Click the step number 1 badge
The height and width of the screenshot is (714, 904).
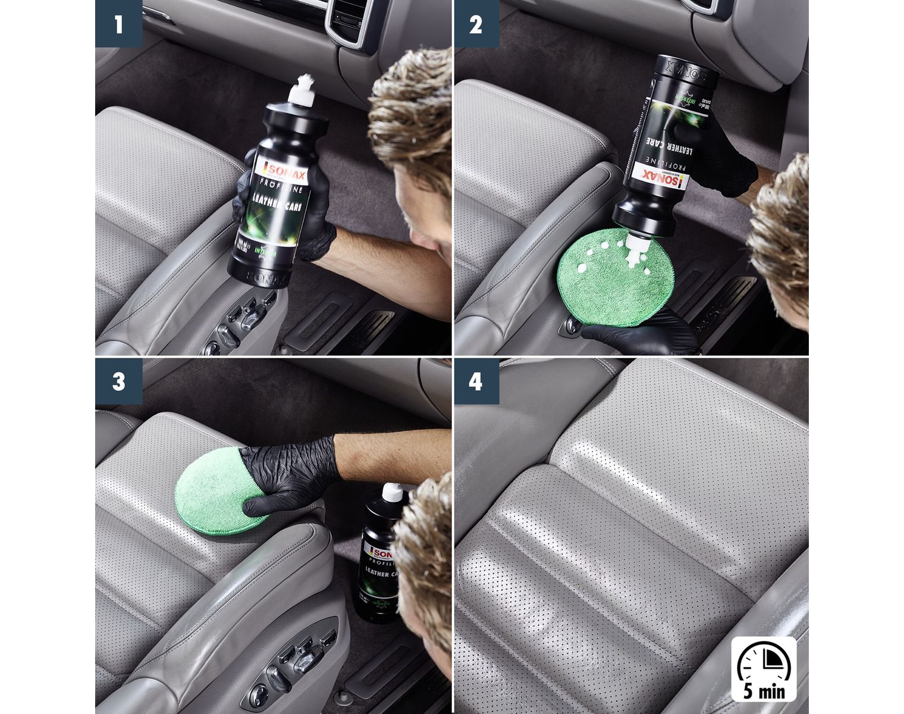coord(118,24)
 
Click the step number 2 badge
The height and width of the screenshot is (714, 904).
coord(476,24)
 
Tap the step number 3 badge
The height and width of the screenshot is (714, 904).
coord(118,381)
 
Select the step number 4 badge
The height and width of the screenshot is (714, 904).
coord(476,381)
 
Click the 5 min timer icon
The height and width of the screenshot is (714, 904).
coord(764,668)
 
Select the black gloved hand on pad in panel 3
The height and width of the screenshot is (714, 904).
coord(285,473)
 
